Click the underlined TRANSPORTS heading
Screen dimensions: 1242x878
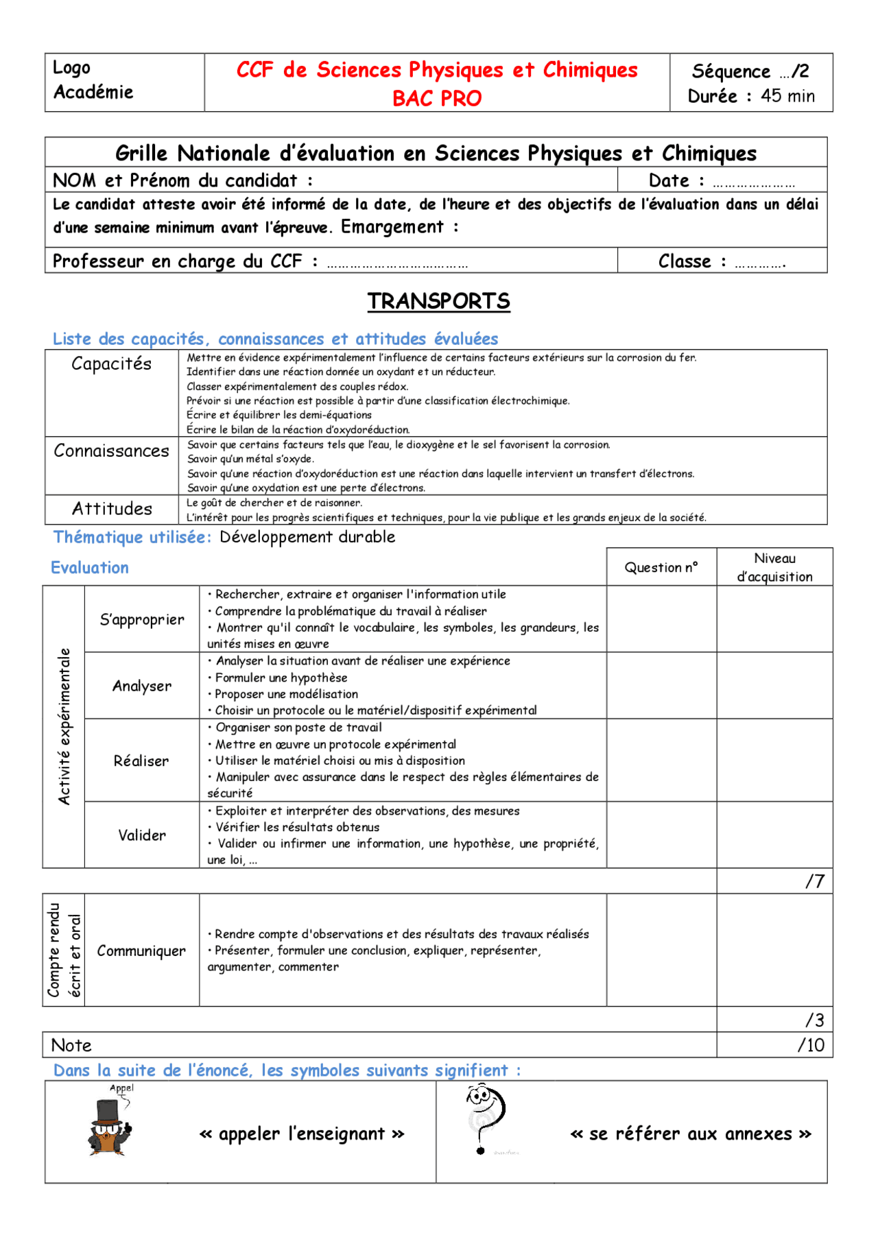click(438, 301)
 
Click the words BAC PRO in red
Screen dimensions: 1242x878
click(437, 98)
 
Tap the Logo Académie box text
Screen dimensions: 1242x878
click(93, 80)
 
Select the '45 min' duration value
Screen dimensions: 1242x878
click(787, 96)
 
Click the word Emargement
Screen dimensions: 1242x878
click(392, 227)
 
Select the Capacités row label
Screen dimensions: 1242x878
click(111, 363)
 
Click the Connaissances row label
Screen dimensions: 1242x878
click(111, 451)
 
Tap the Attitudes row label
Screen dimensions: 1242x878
click(112, 509)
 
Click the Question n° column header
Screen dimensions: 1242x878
click(661, 567)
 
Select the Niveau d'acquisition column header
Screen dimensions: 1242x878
click(774, 567)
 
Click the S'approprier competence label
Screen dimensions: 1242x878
click(142, 619)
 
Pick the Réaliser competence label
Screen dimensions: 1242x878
click(141, 761)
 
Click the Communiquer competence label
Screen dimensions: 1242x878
click(141, 951)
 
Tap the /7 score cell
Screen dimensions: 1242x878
click(814, 881)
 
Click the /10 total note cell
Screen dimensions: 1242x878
click(811, 1045)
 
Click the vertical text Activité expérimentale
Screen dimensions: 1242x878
click(64, 726)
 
